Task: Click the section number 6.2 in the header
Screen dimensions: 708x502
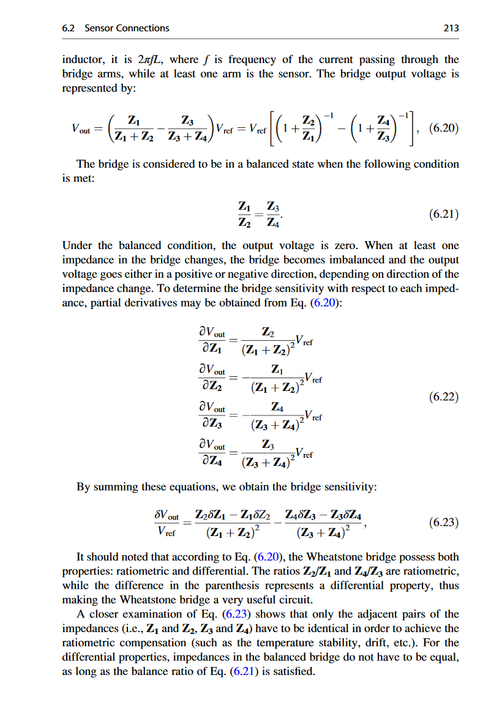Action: [69, 28]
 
